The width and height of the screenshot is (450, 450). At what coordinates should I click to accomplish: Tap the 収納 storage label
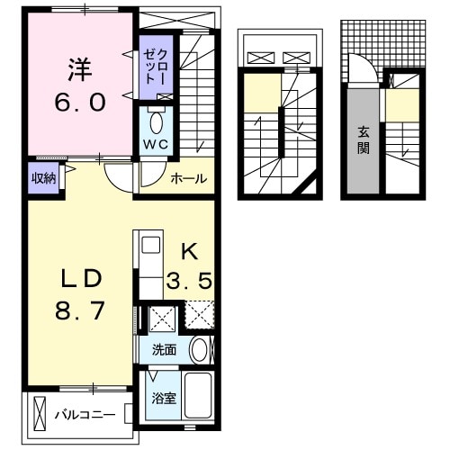point(44,177)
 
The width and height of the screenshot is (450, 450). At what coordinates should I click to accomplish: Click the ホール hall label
point(190,178)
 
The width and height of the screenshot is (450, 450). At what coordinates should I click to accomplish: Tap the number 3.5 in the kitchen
point(189,281)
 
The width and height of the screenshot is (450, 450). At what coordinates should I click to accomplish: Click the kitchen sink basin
point(149,245)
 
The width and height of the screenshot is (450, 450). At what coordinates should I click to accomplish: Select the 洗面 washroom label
point(164,349)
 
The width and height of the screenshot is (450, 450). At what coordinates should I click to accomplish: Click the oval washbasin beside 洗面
point(200,349)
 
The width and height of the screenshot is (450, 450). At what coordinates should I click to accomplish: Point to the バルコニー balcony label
point(85,416)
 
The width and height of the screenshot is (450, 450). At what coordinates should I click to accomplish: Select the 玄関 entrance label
point(364,139)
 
